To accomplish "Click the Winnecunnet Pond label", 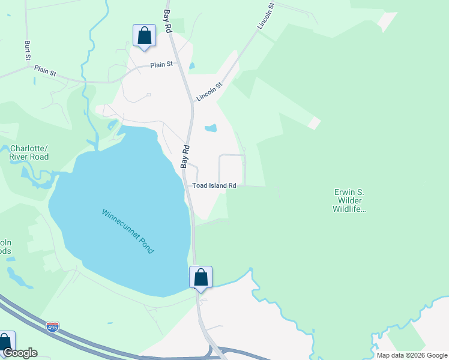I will tap(128, 230).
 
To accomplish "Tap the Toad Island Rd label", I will tap(214, 186).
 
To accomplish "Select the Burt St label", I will tap(28, 50).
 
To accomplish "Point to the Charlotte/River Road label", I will tap(29, 152).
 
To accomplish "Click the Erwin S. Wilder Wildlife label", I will tap(349, 201).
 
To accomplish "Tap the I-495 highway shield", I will tap(53, 328).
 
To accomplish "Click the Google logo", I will tap(20, 353).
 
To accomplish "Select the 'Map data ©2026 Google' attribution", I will tap(412, 355).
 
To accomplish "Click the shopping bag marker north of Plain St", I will tap(144, 36).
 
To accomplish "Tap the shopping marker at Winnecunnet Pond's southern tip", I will tap(200, 278).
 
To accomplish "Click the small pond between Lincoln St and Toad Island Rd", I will tap(211, 128).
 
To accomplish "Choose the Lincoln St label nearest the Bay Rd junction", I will tap(209, 92).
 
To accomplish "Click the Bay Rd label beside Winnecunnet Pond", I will tap(185, 155).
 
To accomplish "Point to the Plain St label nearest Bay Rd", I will tap(161, 64).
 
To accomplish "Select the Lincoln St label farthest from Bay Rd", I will tap(265, 16).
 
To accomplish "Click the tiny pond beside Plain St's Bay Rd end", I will tap(191, 65).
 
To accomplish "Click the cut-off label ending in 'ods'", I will tap(5, 247).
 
